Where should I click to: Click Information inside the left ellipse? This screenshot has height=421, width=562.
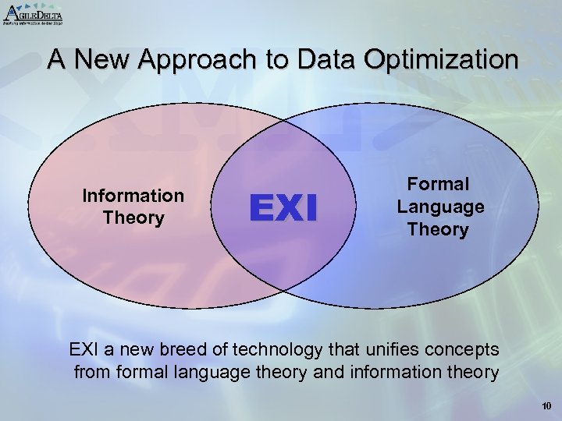(133, 196)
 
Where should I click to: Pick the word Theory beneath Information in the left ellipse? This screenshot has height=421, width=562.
(133, 218)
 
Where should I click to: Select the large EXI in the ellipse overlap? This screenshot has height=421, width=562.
(283, 208)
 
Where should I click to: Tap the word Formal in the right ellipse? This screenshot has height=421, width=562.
(442, 185)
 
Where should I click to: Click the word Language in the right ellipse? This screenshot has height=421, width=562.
(441, 207)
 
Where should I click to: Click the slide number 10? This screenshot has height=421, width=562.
(545, 405)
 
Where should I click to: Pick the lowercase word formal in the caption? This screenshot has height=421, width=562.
(142, 372)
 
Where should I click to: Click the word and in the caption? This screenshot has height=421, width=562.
(318, 372)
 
